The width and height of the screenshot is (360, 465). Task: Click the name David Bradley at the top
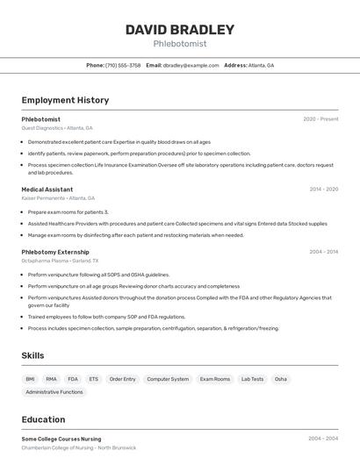pos(180,29)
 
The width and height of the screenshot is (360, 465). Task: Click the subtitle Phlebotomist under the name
pos(180,43)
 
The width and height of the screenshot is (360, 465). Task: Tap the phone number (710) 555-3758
pos(123,66)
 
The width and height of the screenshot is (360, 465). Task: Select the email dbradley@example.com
pos(191,66)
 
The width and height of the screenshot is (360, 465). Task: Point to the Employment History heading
pos(65,100)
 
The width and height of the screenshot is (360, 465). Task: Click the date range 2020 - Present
pos(320,119)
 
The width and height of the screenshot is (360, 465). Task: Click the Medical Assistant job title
pos(47,190)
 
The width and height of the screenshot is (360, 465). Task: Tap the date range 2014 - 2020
pos(323,190)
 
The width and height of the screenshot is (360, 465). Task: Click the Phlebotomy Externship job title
pos(55,252)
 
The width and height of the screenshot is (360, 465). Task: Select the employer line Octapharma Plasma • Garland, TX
pos(60,261)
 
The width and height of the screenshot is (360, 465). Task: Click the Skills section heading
pos(33,355)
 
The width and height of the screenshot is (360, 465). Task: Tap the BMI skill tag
pos(31,379)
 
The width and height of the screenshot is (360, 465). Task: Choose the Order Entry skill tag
pos(122,379)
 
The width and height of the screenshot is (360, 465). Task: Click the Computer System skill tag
pos(168,379)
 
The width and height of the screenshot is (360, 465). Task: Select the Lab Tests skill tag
pos(252,379)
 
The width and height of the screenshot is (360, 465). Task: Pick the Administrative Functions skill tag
pos(54,392)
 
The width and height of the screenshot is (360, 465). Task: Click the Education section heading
pos(43,419)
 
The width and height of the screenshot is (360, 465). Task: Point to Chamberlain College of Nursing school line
pos(79,447)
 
